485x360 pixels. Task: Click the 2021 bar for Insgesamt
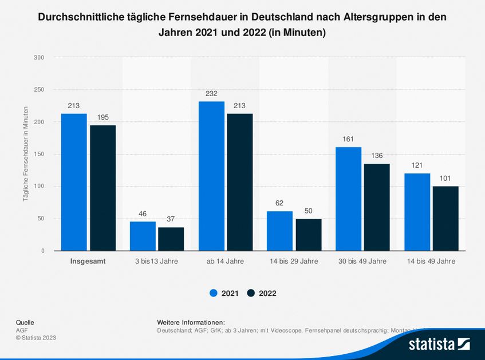pos(74,182)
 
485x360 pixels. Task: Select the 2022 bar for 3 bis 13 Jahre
pos(171,239)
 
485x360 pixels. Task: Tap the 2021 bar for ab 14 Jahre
pos(211,176)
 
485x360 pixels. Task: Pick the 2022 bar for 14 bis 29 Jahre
pos(308,235)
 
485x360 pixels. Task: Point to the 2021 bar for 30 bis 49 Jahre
pos(348,199)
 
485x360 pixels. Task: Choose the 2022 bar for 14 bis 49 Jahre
pos(445,218)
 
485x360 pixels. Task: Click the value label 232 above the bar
pos(211,94)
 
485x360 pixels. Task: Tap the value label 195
pos(102,117)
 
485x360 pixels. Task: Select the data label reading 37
pos(171,219)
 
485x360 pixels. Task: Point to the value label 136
pos(377,156)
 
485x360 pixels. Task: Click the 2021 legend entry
pos(224,293)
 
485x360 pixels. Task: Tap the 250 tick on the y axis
pos(39,90)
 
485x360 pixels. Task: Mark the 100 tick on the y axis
pos(39,187)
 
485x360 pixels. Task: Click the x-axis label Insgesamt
pos(88,261)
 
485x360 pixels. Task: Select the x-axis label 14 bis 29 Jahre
pos(294,261)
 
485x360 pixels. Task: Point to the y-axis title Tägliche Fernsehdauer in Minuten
pos(26,153)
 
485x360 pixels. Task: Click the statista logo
pos(439,344)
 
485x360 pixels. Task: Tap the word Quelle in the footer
pos(25,322)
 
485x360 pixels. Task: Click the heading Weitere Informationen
pos(191,322)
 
